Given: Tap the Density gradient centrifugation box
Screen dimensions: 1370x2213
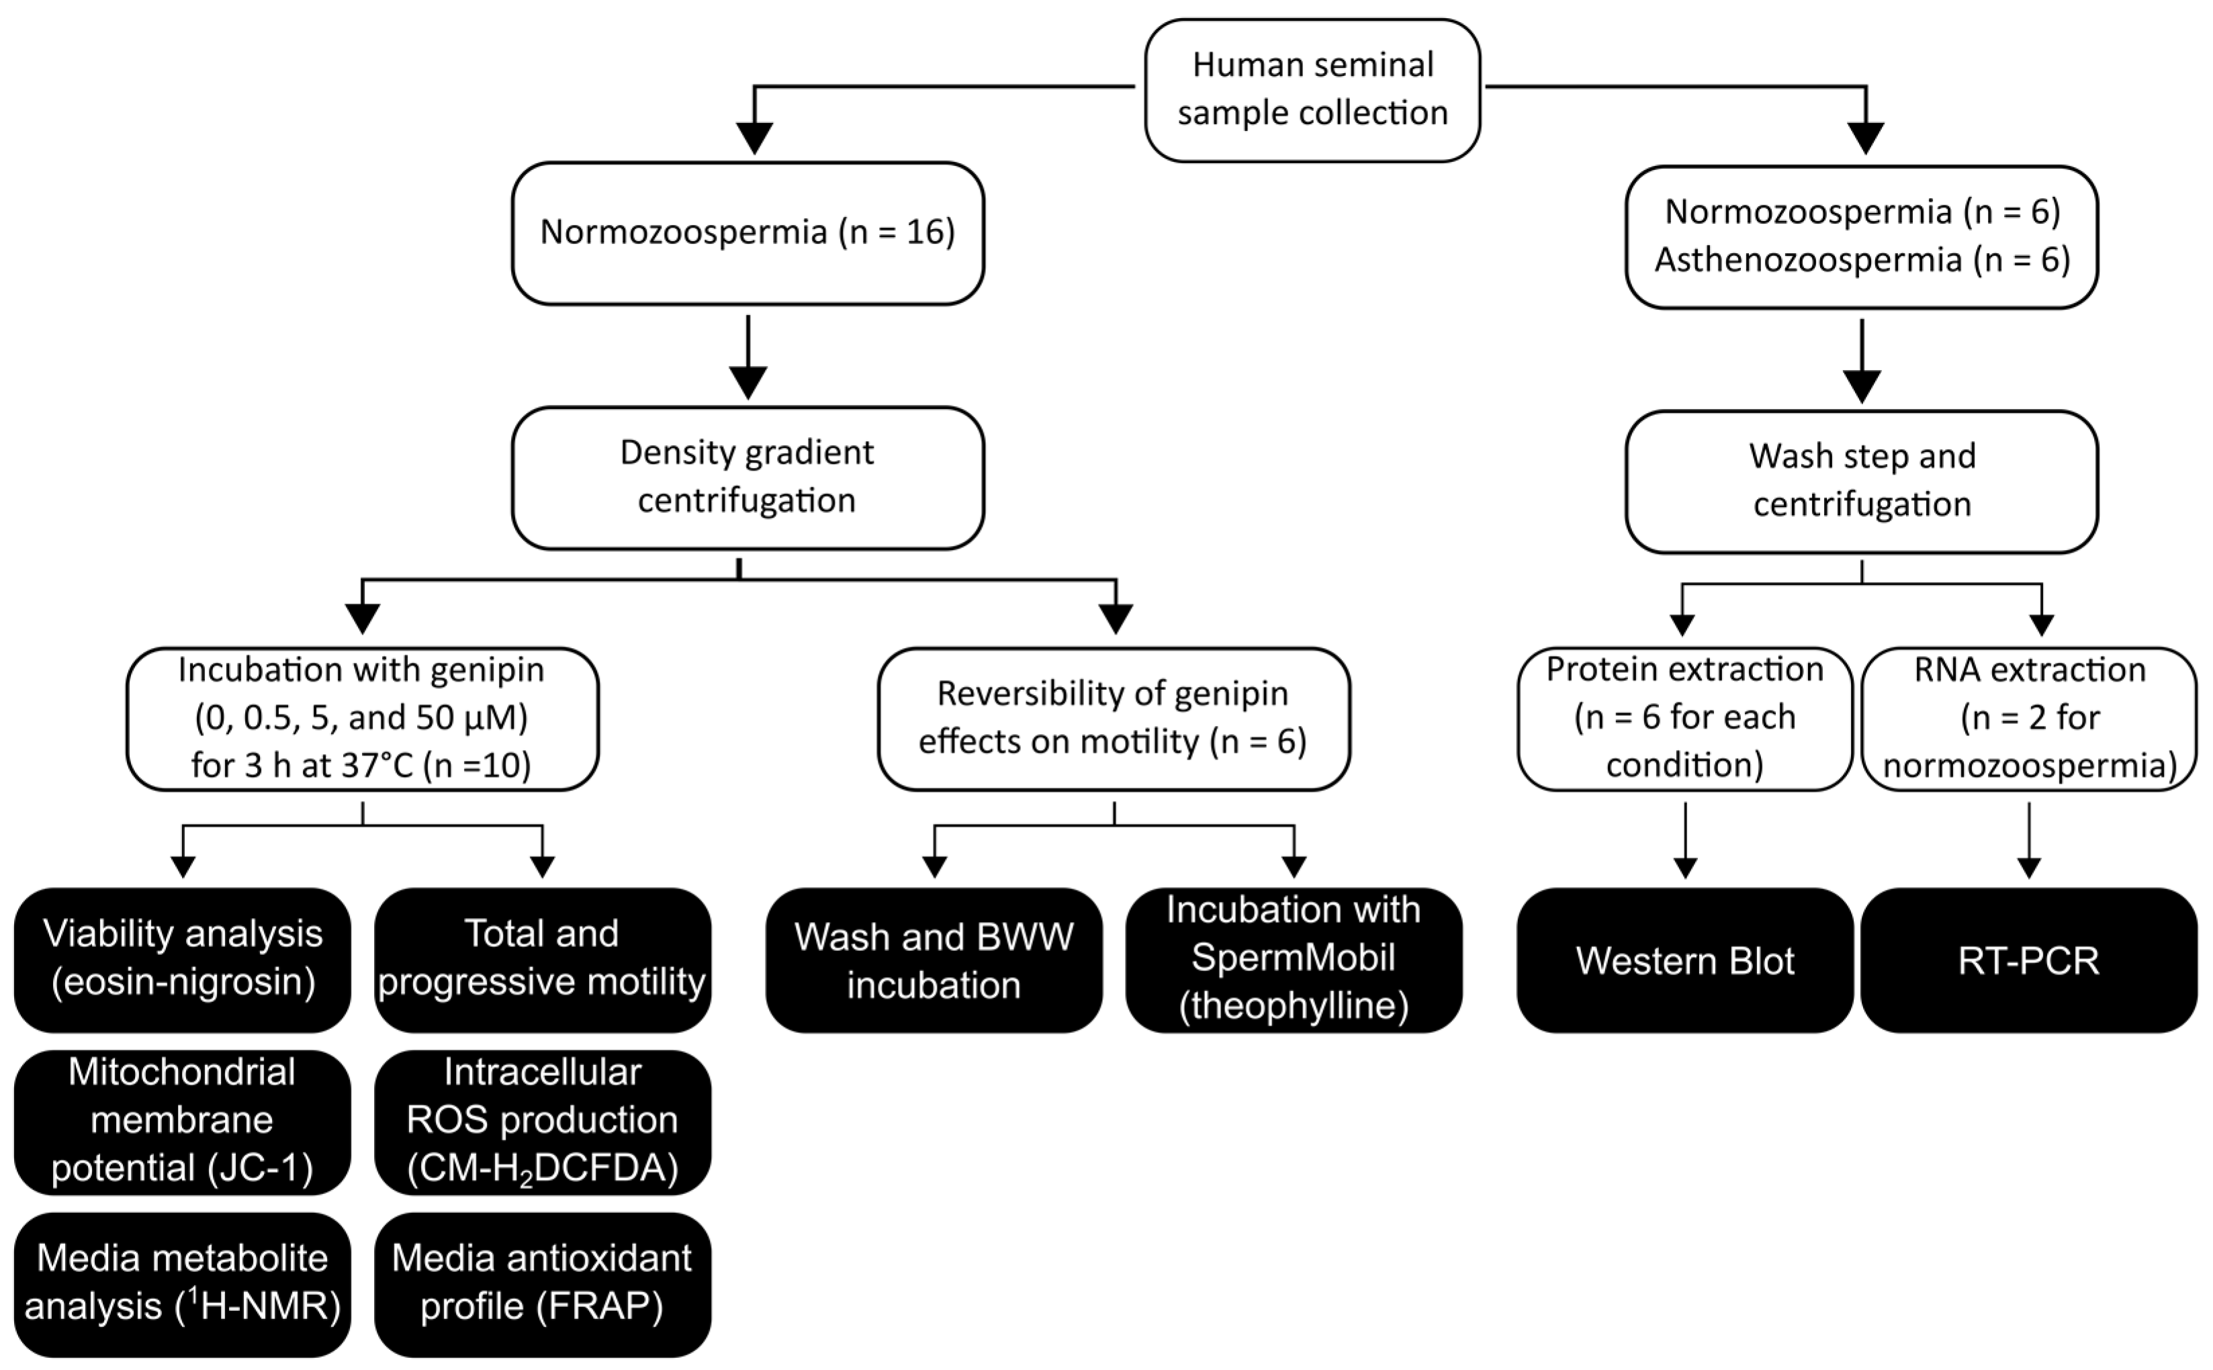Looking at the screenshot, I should click(x=748, y=477).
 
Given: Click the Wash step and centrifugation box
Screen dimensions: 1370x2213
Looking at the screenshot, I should click(x=1861, y=480).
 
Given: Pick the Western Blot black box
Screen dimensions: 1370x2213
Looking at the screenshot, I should click(x=1684, y=960).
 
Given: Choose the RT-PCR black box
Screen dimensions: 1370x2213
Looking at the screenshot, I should click(x=2028, y=960).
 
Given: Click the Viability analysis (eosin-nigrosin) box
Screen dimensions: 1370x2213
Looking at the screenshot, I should click(x=182, y=958).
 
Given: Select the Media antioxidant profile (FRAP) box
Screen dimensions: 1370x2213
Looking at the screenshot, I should click(x=542, y=1283).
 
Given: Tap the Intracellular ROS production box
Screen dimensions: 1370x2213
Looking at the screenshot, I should click(x=542, y=1121).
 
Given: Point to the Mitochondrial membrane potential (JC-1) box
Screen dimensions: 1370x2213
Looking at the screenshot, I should click(x=182, y=1121).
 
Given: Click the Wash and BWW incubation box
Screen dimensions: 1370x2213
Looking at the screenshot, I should click(x=934, y=960).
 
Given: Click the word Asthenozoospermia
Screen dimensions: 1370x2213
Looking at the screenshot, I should click(x=1808, y=260).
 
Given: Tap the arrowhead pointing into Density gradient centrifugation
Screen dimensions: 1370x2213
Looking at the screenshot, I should click(x=748, y=381).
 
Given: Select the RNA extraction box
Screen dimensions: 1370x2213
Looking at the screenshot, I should click(x=2028, y=718).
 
